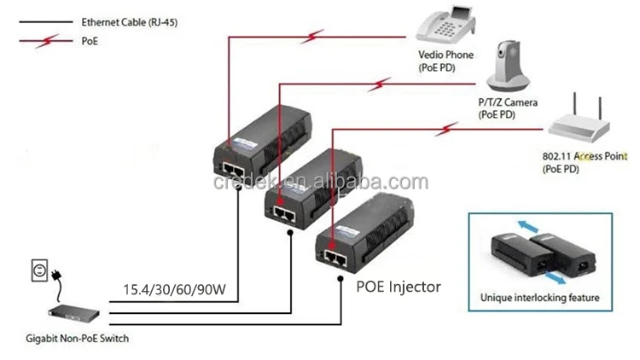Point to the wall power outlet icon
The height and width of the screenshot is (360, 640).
[38, 271]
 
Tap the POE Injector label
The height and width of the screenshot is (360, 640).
[398, 287]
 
